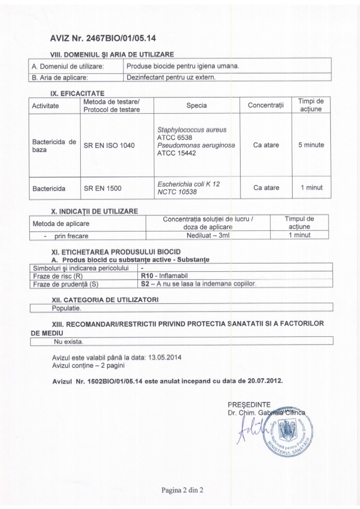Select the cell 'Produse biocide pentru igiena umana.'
point(182,66)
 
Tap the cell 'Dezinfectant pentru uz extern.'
point(171,77)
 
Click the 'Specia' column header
point(196,105)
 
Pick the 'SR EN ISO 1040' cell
point(109,145)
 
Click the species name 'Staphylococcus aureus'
point(192,129)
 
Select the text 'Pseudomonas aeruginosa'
point(196,145)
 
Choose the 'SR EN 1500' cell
point(102,188)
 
